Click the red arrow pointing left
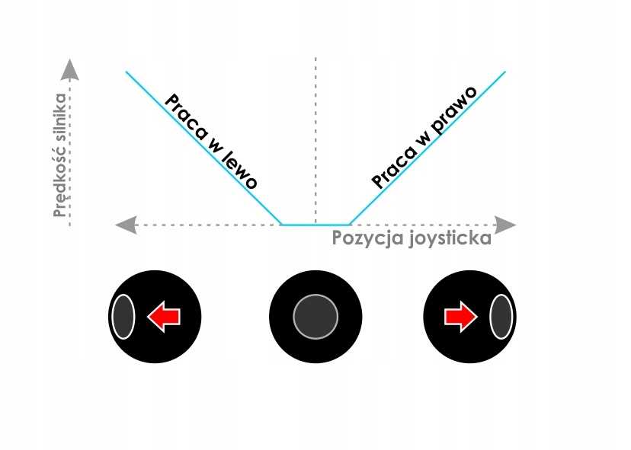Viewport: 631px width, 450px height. click(x=162, y=316)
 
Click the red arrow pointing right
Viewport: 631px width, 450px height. click(x=461, y=316)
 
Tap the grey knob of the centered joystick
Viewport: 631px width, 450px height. click(x=315, y=316)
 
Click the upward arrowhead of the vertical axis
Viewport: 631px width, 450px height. click(x=70, y=69)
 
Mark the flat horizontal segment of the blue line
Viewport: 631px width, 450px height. click(x=315, y=225)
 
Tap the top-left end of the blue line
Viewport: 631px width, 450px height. click(x=127, y=72)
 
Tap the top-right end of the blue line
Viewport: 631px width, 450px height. click(x=504, y=72)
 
